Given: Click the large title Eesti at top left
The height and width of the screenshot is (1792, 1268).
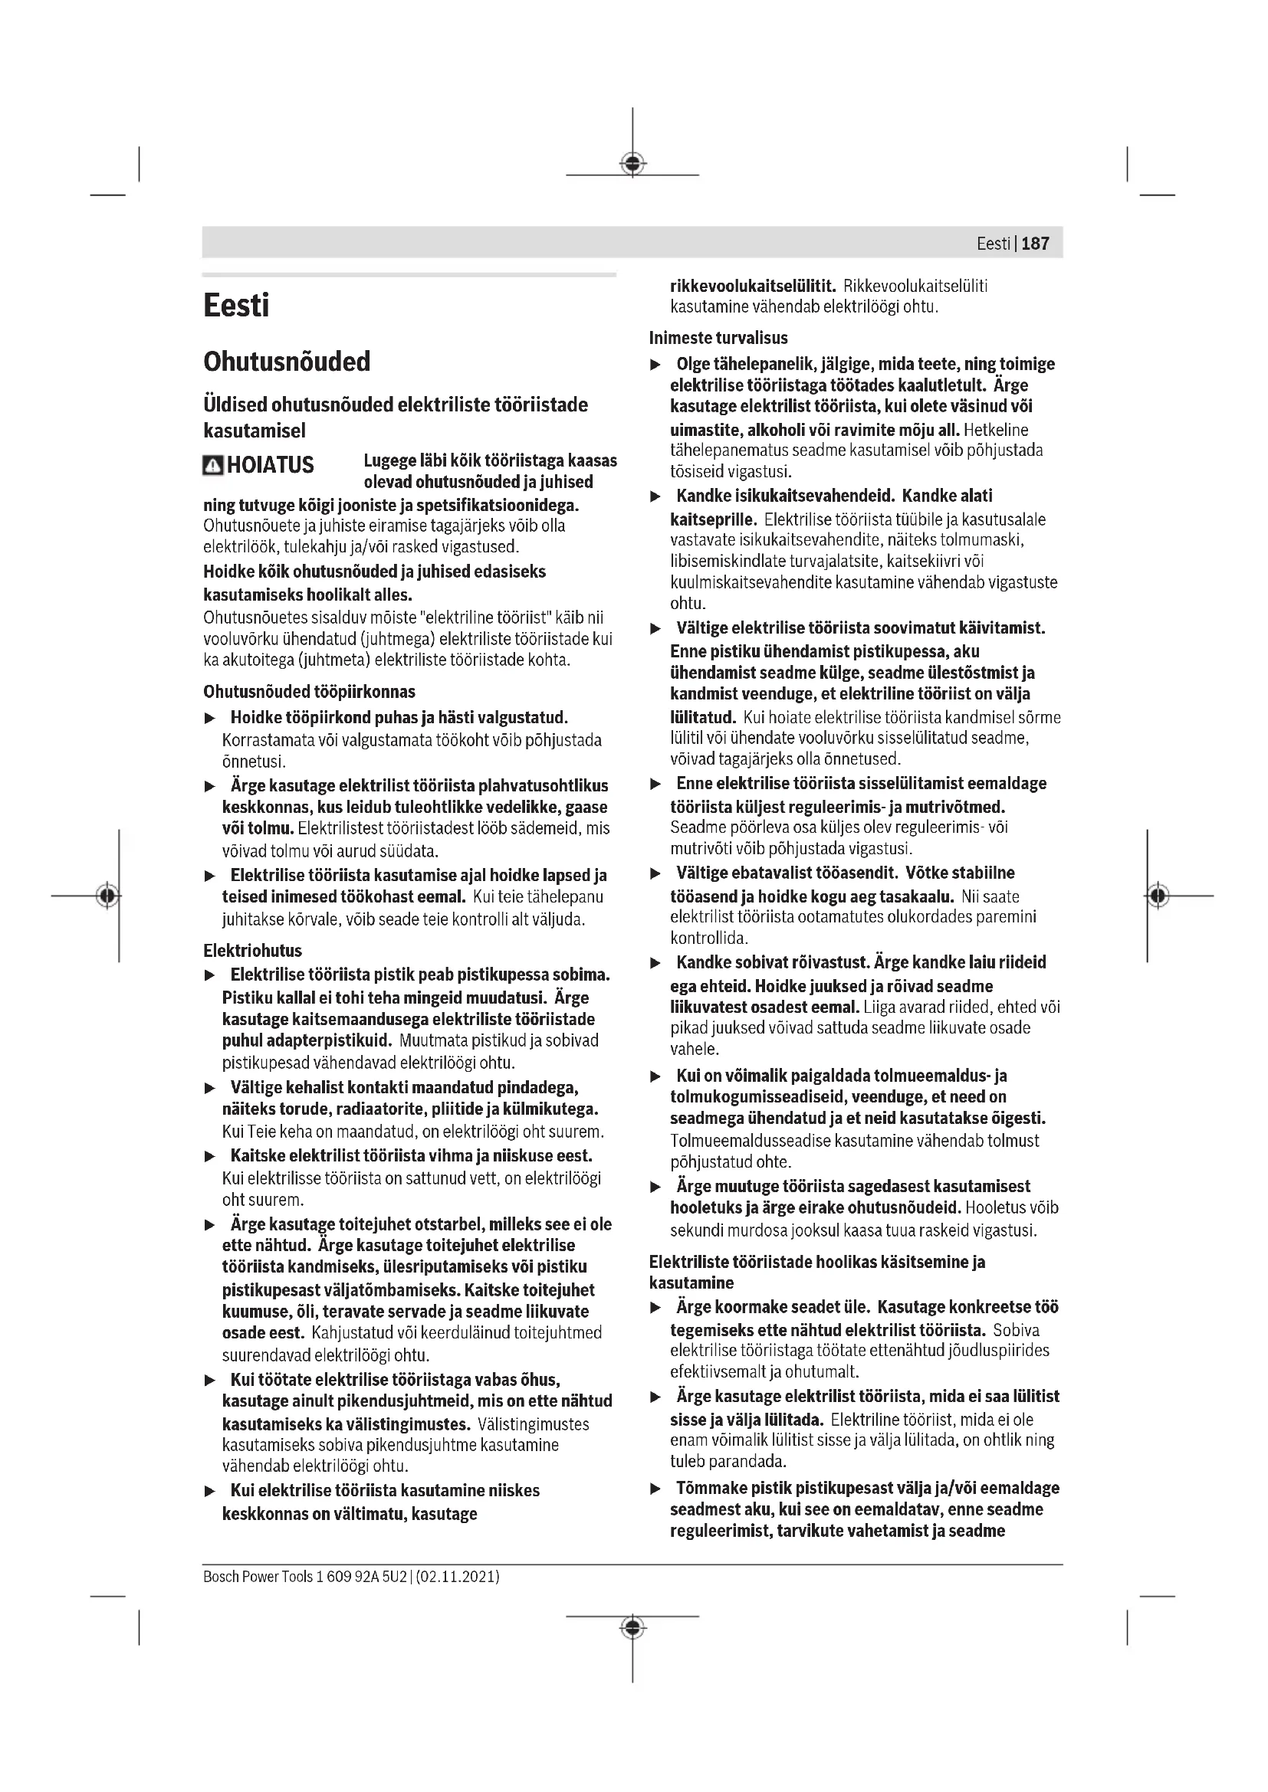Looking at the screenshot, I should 236,305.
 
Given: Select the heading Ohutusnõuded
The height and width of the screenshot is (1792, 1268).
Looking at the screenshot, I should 287,362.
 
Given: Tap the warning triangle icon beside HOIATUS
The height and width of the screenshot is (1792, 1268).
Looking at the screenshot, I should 212,465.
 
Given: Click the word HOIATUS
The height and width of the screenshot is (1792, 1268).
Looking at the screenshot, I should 270,465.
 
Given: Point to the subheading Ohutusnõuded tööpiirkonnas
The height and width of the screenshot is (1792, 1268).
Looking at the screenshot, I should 309,692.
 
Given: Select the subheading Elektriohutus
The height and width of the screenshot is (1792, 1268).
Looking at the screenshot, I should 252,951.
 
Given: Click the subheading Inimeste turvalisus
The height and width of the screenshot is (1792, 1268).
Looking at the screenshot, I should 718,338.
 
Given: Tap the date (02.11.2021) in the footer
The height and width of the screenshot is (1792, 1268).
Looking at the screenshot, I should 458,1577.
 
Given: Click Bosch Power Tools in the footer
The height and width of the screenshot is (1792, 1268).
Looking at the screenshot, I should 258,1577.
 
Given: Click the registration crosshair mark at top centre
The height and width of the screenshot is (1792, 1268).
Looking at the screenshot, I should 632,164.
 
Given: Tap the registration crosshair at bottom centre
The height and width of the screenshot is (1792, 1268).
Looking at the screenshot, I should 632,1628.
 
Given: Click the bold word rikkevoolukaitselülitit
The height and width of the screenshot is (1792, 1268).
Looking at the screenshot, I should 753,287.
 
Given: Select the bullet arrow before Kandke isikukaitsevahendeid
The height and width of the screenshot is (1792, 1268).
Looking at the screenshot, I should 656,496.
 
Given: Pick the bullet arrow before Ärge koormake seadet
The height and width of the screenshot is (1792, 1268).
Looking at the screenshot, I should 656,1307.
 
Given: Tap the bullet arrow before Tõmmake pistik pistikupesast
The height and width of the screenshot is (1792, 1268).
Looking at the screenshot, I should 656,1489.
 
